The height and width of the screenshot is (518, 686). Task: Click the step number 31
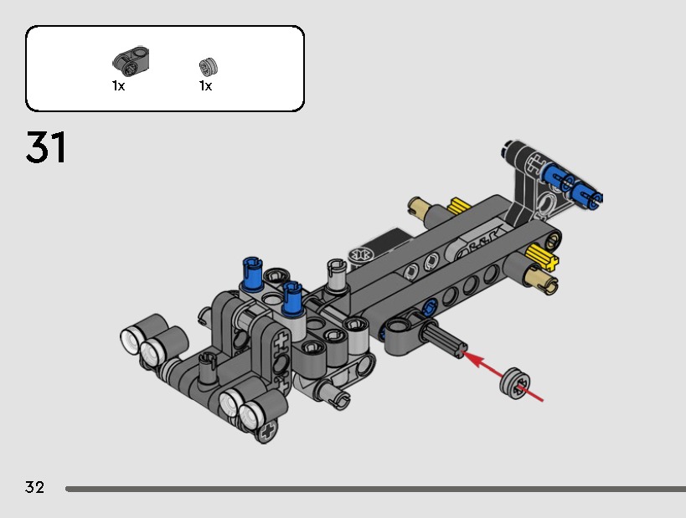click(46, 147)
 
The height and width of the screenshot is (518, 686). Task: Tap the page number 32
click(34, 487)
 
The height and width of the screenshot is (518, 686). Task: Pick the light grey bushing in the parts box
click(209, 66)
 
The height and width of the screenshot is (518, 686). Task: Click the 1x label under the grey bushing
click(205, 85)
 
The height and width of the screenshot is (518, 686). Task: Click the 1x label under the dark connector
click(119, 85)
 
